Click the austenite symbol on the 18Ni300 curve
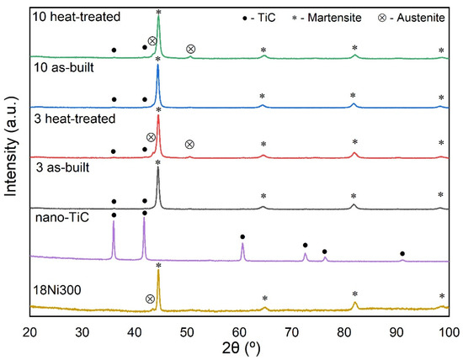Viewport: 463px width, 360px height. point(150,299)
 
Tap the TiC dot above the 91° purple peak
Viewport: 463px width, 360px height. point(402,253)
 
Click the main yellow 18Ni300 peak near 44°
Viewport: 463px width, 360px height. point(158,273)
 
